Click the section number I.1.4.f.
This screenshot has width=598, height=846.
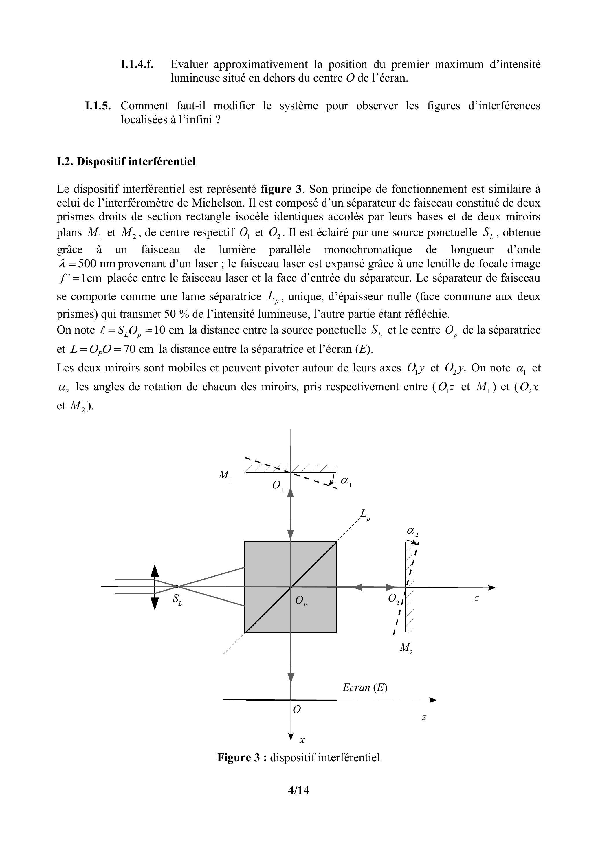(137, 65)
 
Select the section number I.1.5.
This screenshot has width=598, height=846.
(98, 106)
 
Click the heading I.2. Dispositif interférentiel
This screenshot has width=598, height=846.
(126, 161)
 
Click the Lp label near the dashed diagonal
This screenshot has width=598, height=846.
(365, 514)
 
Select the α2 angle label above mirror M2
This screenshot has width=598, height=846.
(412, 532)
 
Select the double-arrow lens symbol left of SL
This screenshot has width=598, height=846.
(155, 586)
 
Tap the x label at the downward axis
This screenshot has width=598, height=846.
(302, 740)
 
